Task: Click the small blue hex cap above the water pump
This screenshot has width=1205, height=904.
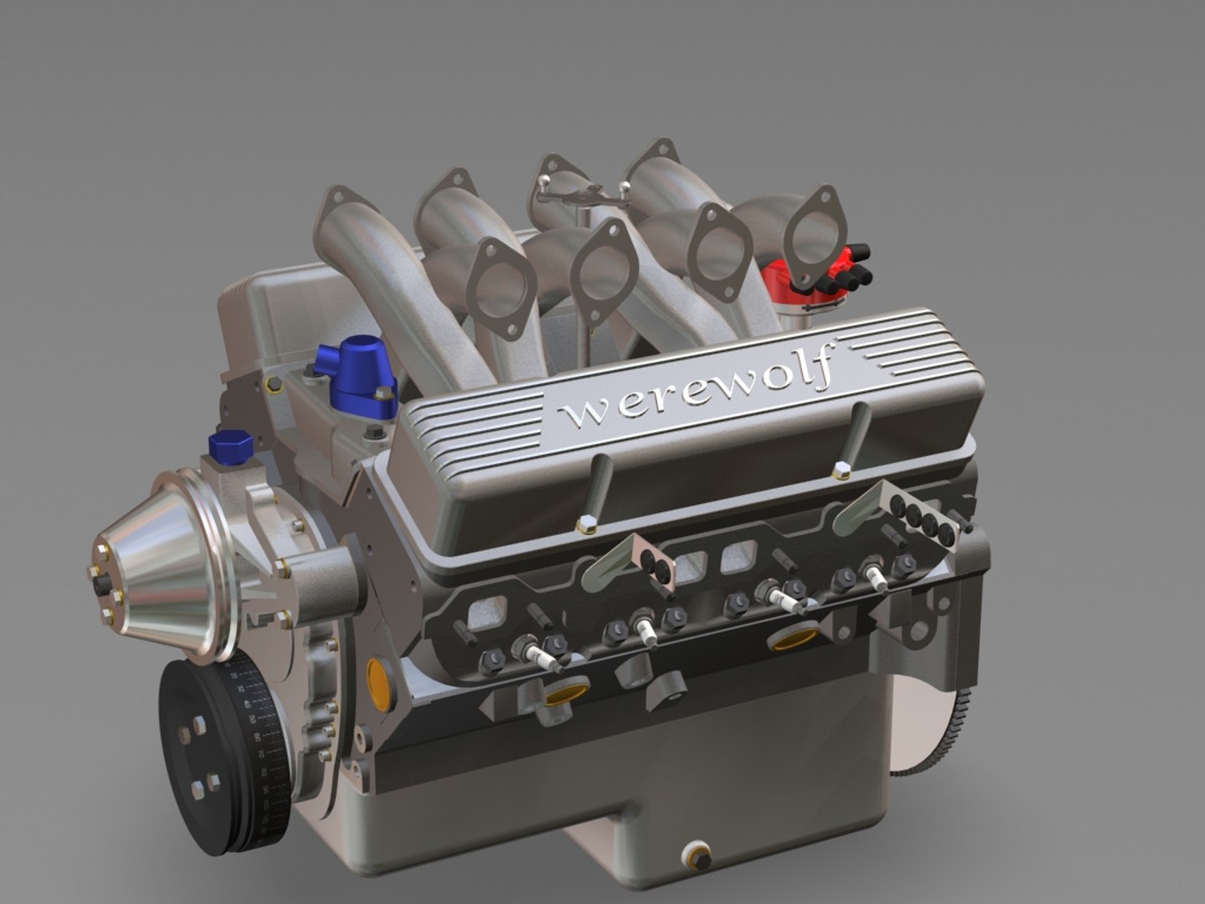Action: point(230,445)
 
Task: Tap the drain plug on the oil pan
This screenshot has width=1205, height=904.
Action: point(697,855)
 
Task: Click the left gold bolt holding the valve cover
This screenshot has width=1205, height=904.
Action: point(587,526)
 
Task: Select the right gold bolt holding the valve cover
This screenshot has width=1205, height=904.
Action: point(841,473)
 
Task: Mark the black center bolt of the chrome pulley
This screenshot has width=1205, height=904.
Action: point(102,586)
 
